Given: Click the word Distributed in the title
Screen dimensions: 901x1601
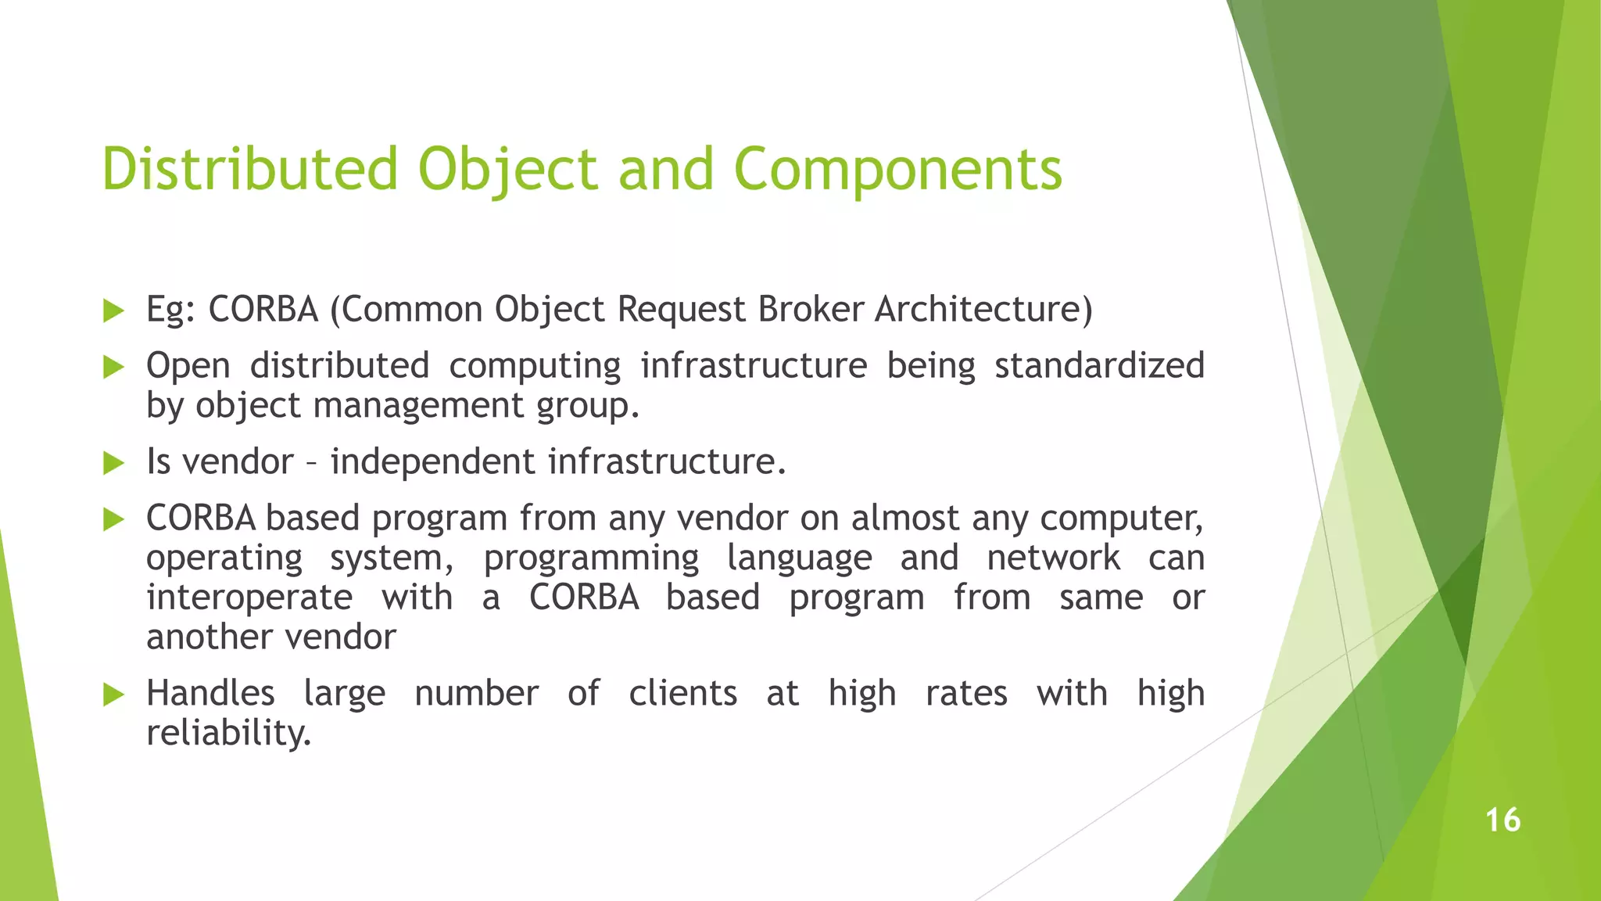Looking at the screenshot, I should [250, 169].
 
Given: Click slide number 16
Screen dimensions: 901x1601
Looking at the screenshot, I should [1503, 820].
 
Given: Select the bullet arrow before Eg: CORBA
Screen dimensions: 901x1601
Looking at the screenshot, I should [114, 311].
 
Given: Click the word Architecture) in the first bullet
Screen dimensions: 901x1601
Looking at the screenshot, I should [983, 310].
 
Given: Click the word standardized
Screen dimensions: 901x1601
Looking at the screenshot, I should [1099, 366].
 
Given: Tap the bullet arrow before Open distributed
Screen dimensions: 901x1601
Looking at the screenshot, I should [114, 368].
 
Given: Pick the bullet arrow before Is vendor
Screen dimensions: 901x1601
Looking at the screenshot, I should [114, 464].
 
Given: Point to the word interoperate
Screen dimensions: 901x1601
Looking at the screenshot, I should [249, 598].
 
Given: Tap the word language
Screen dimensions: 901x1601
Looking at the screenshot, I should [799, 558].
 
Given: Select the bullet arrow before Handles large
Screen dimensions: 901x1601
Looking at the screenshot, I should [114, 695].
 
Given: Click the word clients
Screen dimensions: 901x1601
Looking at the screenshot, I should [682, 694].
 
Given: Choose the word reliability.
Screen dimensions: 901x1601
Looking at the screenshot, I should [228, 734].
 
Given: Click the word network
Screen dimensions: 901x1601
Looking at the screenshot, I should [1053, 558].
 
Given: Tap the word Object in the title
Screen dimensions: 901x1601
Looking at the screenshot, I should [508, 169].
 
